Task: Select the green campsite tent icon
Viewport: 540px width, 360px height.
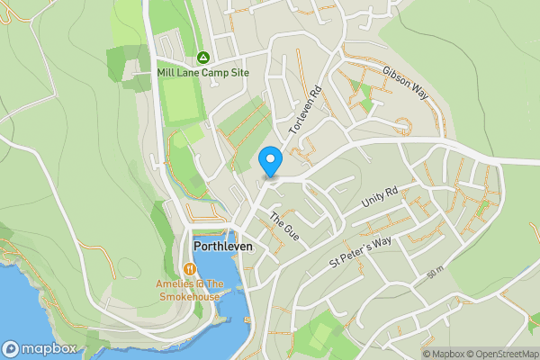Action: click(x=202, y=56)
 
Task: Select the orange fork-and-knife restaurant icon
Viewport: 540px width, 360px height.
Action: click(x=189, y=269)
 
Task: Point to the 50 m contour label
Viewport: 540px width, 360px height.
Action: click(x=436, y=273)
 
